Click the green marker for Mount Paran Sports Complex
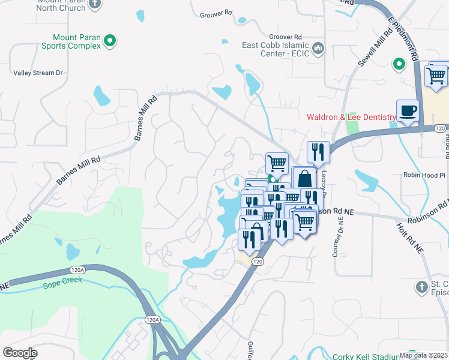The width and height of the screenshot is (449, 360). pos(110,41)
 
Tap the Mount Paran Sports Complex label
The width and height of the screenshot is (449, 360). pos(70,41)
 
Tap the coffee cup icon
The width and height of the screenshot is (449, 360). pos(408,111)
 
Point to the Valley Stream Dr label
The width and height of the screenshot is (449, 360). pos(38,73)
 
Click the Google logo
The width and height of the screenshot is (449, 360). pos(20,353)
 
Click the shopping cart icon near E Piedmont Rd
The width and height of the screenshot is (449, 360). pos(436,76)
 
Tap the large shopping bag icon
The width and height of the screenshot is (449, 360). pos(304,179)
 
